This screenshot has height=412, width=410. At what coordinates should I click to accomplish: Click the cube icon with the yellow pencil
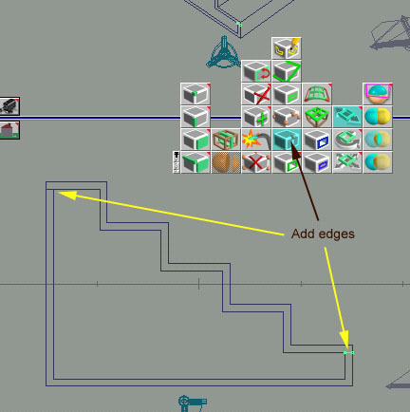pos(287,48)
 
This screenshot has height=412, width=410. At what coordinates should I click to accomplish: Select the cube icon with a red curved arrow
pos(256,71)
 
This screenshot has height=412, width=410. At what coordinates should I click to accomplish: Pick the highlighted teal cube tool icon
pos(287,140)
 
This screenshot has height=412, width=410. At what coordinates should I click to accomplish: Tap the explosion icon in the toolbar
pos(256,140)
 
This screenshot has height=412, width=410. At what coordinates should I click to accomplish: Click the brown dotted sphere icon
pos(226,162)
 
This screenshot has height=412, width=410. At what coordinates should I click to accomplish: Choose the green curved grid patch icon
pos(317,94)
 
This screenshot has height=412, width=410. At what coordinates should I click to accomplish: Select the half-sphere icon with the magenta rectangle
pos(378,94)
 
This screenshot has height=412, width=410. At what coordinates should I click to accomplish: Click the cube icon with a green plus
pos(256,117)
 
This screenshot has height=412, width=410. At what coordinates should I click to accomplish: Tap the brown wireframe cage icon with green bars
pos(226,140)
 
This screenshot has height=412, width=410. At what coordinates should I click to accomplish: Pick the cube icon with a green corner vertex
pos(196,94)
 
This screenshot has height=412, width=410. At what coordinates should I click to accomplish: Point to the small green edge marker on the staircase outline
pos(348,352)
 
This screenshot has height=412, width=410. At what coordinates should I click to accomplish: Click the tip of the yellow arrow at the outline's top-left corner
pos(59,193)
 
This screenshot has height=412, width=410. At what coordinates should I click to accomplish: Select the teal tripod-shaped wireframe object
pos(223,52)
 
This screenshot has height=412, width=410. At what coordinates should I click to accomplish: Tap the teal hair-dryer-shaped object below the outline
pos(193,403)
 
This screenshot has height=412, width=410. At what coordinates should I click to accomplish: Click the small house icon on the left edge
pos(9,130)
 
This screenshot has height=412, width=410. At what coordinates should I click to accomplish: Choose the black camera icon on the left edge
pos(9,106)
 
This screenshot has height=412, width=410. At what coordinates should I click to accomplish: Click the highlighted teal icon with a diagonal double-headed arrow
pos(347,117)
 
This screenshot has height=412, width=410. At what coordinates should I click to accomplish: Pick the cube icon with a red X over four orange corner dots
pos(256,162)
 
